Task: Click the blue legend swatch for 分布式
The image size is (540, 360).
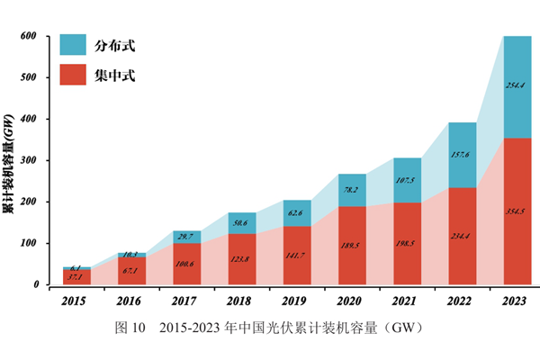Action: [72, 44]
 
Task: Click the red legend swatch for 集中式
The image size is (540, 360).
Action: [72, 74]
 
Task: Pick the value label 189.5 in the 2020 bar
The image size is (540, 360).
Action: [352, 242]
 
